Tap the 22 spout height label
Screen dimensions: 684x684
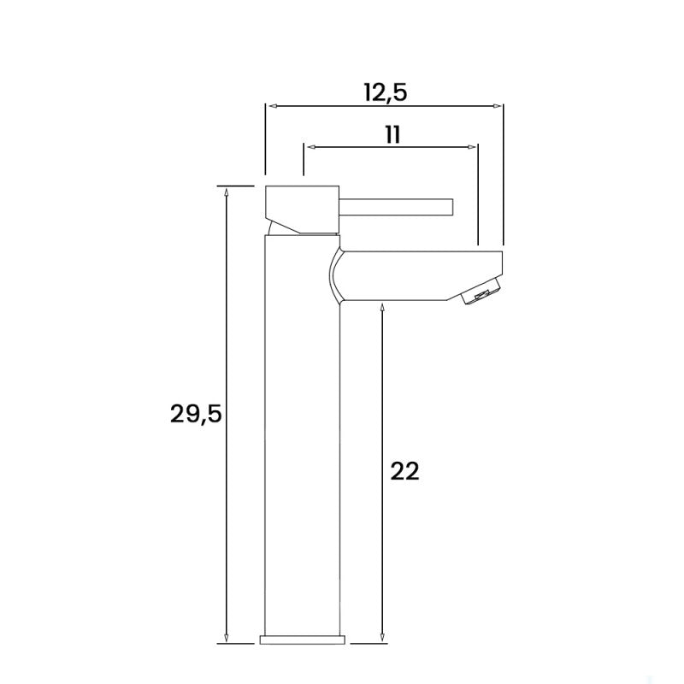(404, 472)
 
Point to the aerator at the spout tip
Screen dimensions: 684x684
(480, 296)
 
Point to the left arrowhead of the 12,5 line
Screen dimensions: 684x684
(272, 107)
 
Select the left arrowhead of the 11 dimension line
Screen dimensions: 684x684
(310, 147)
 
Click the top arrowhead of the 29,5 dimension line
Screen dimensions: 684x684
(227, 192)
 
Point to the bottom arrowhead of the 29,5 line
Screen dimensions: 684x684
(227, 639)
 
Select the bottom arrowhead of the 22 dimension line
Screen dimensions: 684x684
(379, 639)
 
